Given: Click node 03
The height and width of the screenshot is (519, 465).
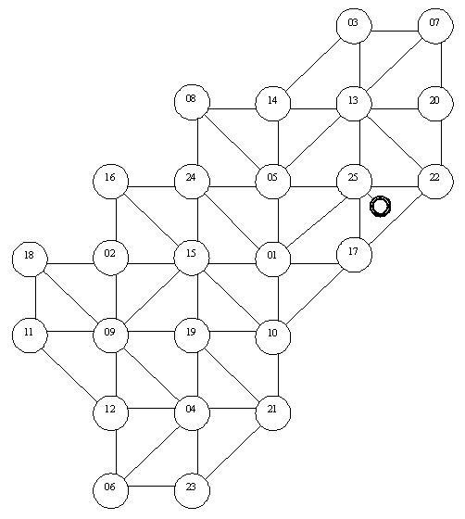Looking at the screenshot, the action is (x=354, y=26).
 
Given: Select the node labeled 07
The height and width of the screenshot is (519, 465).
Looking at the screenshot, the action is (x=435, y=26).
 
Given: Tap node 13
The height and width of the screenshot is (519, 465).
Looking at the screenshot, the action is (x=354, y=104).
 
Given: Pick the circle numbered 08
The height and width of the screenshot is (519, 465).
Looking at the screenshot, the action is (x=192, y=102).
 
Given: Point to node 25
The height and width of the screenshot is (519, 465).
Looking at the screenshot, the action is (x=354, y=182).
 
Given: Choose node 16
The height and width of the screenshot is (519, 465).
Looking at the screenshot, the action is (x=110, y=182).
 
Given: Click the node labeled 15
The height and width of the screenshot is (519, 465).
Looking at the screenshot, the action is (x=192, y=258).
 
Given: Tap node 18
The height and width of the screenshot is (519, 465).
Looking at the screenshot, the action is (x=30, y=259).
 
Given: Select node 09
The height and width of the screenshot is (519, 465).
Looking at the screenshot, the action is (x=110, y=335).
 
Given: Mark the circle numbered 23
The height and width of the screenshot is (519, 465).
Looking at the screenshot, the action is (x=192, y=491).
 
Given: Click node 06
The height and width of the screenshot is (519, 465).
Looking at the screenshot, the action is (x=110, y=491).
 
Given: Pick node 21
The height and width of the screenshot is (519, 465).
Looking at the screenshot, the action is (x=273, y=412).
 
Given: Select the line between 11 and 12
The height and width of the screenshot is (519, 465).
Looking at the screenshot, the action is (x=69, y=374).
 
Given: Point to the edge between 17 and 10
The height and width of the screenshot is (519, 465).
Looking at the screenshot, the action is (x=314, y=297).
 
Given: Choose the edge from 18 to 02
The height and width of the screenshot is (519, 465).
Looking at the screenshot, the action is (x=70, y=264).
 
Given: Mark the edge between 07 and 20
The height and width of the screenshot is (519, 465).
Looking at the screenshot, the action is (x=442, y=65).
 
